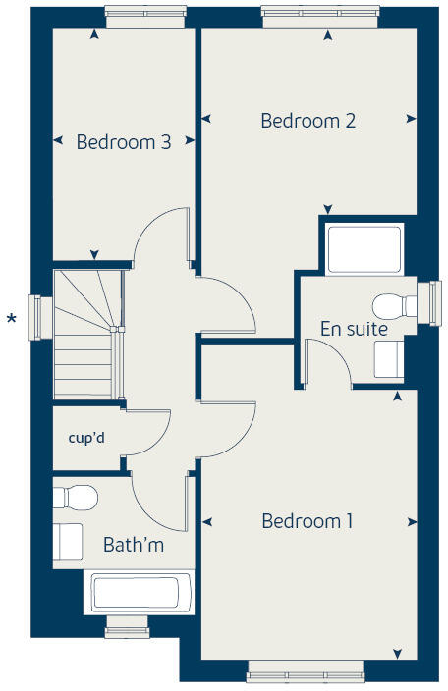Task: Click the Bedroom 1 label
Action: (x=307, y=521)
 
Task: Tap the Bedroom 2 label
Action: (x=308, y=121)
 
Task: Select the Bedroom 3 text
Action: (x=124, y=142)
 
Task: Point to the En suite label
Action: (x=354, y=329)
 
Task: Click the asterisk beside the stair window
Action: (x=12, y=319)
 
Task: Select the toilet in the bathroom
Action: (x=77, y=497)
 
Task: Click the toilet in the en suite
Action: (x=396, y=304)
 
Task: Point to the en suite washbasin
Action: (x=388, y=360)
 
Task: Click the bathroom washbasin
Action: (x=68, y=541)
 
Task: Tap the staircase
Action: (x=86, y=334)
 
